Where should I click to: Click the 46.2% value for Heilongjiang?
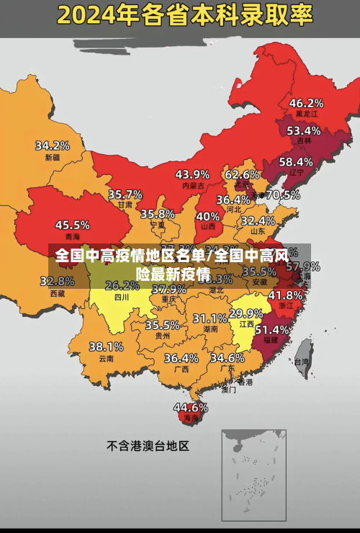[306, 103]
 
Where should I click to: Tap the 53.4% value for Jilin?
[303, 131]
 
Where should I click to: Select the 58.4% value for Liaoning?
[296, 162]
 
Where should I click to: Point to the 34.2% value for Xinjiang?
[53, 145]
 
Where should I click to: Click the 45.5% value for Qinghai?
[73, 225]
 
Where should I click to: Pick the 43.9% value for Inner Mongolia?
[192, 174]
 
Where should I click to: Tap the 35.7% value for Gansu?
[125, 194]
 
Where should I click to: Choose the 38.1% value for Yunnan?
[106, 346]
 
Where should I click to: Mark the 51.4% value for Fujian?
[272, 329]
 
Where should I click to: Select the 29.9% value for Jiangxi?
[246, 313]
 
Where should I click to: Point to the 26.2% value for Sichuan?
[122, 285]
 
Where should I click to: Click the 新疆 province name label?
[53, 157]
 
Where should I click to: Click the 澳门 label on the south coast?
[228, 390]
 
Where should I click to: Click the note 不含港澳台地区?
[148, 446]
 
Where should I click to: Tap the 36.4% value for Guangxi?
[181, 358]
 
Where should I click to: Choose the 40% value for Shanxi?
[208, 215]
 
